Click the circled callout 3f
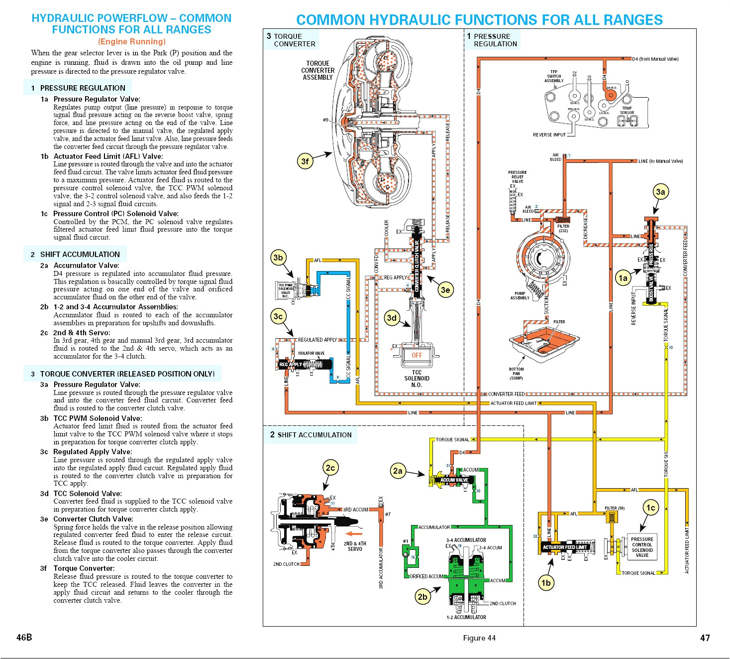pos(305,161)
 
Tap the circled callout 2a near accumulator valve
pos(398,471)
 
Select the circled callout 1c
pos(650,508)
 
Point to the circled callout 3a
pos(660,192)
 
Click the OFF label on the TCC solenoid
pos(417,355)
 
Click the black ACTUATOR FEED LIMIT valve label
pos(565,547)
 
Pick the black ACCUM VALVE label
pos(454,480)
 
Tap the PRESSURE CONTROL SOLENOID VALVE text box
pos(642,547)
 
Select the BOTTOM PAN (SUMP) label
pos(516,374)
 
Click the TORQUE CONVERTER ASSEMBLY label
pos(317,70)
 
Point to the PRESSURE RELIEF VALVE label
pos(518,177)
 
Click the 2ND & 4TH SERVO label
pos(355,546)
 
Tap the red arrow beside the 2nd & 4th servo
pos(354,533)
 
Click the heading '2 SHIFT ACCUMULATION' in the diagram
pos(311,435)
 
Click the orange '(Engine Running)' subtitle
pos(131,42)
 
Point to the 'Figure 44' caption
pos(479,638)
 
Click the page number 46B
pos(24,638)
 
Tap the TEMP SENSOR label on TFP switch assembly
pos(627,110)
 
